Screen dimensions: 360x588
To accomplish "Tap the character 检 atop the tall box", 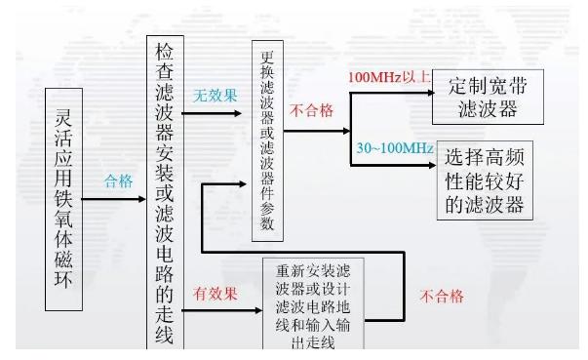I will pos(162,56).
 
